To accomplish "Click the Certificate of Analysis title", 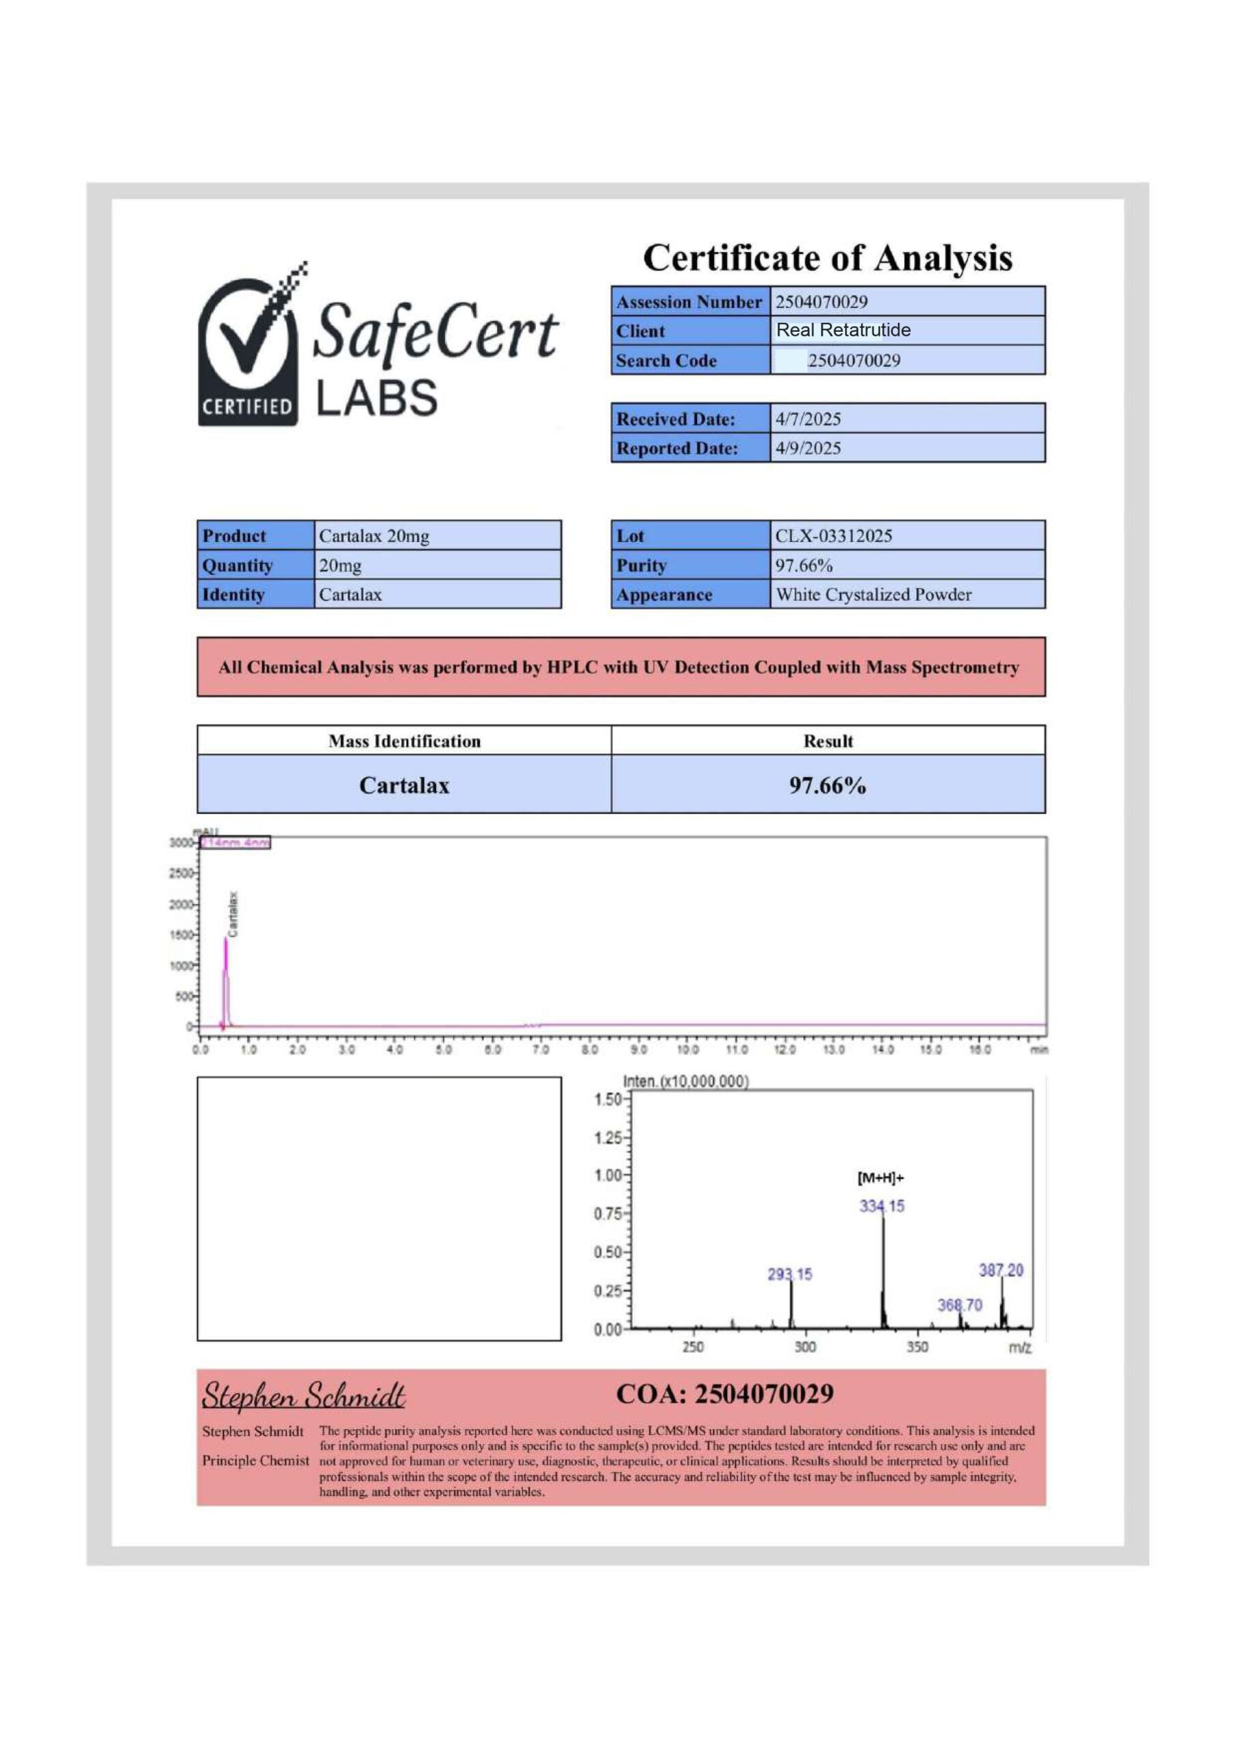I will [827, 258].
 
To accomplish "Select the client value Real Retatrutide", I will [843, 330].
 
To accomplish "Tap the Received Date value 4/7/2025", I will [808, 419].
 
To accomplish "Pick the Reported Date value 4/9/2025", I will [808, 449].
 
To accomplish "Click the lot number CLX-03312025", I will [833, 536].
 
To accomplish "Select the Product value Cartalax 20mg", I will [374, 536].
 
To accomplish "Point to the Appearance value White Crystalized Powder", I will [872, 595].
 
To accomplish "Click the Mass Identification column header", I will [404, 742].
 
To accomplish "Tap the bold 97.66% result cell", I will [827, 785].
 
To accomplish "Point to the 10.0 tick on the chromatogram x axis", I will [687, 1051].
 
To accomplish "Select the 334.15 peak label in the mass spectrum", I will [882, 1207].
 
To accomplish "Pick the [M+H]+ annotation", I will [880, 1179].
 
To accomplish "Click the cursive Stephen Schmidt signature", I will [303, 1396].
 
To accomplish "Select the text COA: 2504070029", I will [724, 1395].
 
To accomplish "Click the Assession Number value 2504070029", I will [821, 302].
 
